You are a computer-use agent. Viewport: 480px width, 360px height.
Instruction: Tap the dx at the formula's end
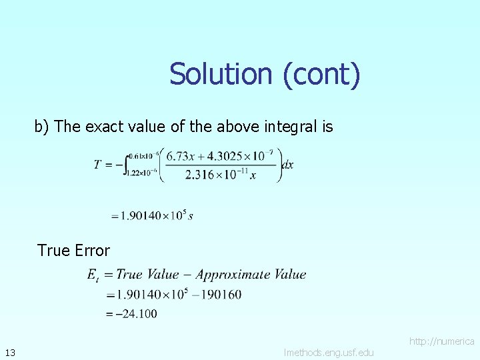point(287,165)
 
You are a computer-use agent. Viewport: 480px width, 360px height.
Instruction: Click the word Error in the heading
point(93,251)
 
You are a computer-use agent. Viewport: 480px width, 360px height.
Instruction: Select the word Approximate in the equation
point(229,274)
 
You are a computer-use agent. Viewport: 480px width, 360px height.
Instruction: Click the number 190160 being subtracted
point(221,294)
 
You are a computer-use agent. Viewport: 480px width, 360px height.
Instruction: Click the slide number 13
point(9,352)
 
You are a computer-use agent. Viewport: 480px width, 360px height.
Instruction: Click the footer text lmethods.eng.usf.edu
point(329,352)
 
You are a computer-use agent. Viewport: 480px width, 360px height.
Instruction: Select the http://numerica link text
point(441,341)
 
